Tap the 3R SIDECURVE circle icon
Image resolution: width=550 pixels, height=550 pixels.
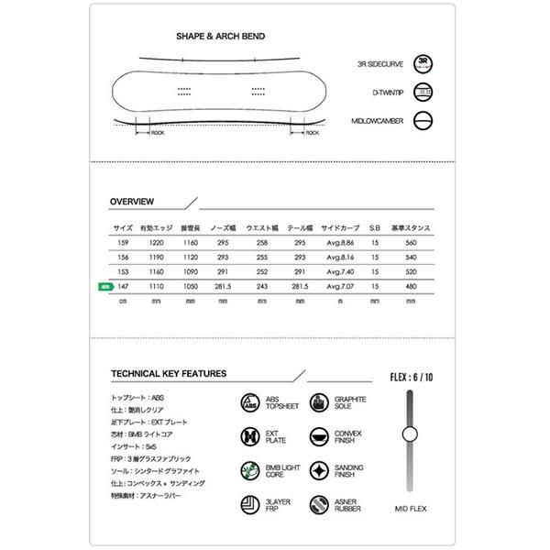tap(423, 63)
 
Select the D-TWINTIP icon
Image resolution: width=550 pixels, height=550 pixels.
tap(423, 92)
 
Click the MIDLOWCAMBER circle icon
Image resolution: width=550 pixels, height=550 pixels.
tap(423, 120)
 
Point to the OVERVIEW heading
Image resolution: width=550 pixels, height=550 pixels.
tap(132, 201)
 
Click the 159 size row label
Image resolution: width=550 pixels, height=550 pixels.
tap(122, 242)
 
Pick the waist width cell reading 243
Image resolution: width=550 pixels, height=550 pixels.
tap(262, 286)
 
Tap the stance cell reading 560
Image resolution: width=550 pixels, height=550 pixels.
tap(411, 242)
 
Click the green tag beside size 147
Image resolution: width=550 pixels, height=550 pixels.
tap(104, 286)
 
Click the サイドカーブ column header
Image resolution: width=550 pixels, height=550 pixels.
tap(339, 226)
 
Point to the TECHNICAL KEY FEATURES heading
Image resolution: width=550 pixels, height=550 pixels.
tap(169, 374)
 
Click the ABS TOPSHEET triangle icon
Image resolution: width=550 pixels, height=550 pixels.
tap(249, 403)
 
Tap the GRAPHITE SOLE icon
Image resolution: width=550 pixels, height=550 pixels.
tap(318, 403)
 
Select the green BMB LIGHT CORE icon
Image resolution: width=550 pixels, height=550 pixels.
tap(249, 471)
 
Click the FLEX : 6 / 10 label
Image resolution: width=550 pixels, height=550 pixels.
tap(411, 377)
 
